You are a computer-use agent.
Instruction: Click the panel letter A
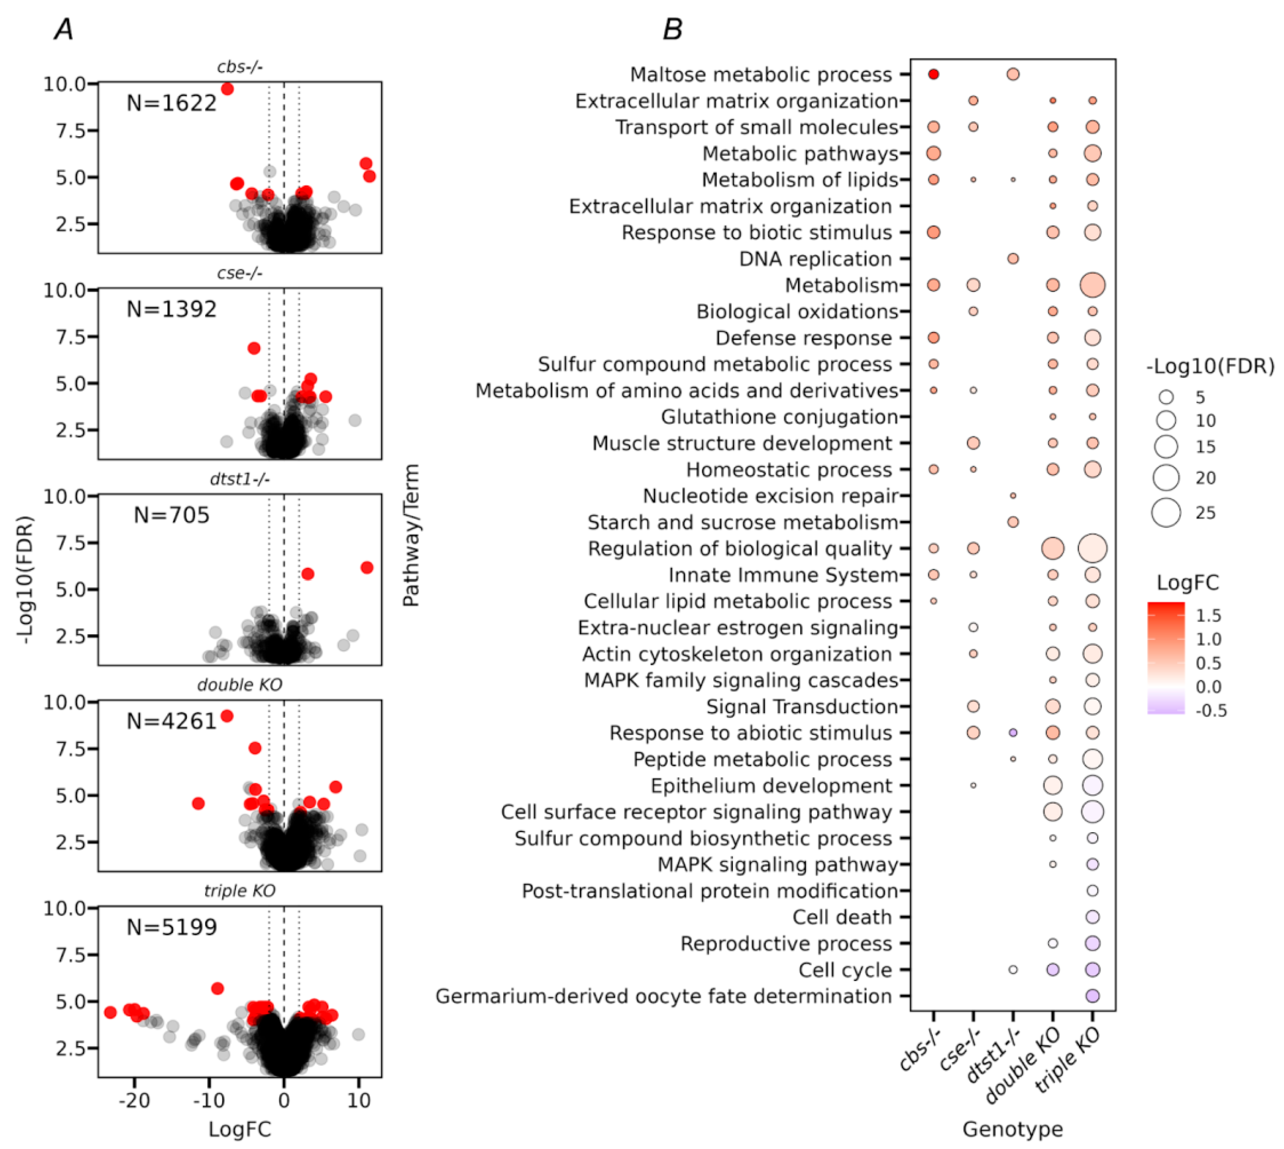64,29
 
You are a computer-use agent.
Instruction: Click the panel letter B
672,29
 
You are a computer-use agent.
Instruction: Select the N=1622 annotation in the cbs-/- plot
171,103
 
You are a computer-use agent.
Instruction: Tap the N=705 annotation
171,515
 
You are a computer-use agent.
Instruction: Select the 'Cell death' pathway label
842,917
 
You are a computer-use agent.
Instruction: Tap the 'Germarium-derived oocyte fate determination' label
663,996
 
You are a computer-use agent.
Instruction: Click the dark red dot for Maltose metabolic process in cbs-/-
934,75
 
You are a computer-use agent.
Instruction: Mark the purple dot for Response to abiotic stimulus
1013,733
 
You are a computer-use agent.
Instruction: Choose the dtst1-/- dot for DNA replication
1013,259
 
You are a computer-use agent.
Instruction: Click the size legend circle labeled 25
1166,512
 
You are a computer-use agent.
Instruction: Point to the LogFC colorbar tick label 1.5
1208,615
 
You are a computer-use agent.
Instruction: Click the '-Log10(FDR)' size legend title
1209,366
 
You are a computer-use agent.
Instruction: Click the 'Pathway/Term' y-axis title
411,536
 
